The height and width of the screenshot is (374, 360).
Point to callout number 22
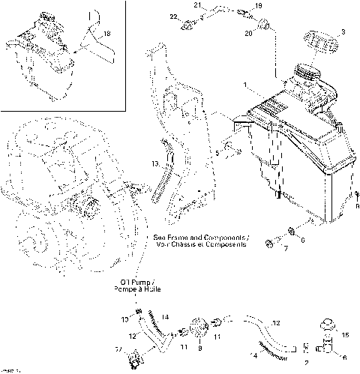tap(172, 16)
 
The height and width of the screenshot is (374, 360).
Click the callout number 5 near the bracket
tap(217, 154)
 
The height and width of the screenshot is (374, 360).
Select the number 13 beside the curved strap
tap(154, 163)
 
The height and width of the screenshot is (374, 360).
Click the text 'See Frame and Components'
tap(211, 235)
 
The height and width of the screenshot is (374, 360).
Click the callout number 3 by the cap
tap(343, 32)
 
